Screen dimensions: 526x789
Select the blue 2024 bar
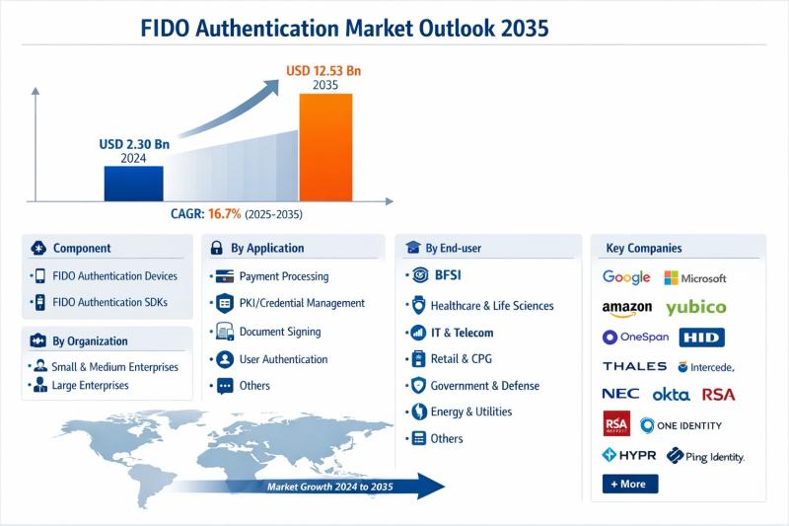(133, 183)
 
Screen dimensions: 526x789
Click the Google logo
(626, 277)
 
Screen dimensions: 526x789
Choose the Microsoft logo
(695, 278)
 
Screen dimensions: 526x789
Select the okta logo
(671, 394)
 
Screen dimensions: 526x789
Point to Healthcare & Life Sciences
(478, 306)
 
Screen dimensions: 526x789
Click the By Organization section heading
(90, 341)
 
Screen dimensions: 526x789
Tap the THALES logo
(635, 366)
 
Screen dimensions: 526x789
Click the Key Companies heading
(644, 248)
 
